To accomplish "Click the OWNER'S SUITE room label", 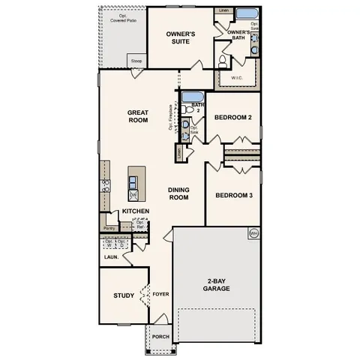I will (x=181, y=37).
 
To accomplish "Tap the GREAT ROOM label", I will (x=138, y=116).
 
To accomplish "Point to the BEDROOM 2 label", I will (x=232, y=118).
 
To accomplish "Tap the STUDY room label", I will (x=124, y=295).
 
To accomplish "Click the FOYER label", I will (x=160, y=295).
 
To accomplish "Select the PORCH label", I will (x=160, y=337).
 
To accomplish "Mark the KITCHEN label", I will (x=136, y=211).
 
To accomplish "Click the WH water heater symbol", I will (x=253, y=232).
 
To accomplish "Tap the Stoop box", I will (x=136, y=61).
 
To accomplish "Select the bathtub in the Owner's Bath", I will (x=246, y=14).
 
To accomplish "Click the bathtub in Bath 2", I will (x=192, y=96).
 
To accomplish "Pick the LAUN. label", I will (x=111, y=256).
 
